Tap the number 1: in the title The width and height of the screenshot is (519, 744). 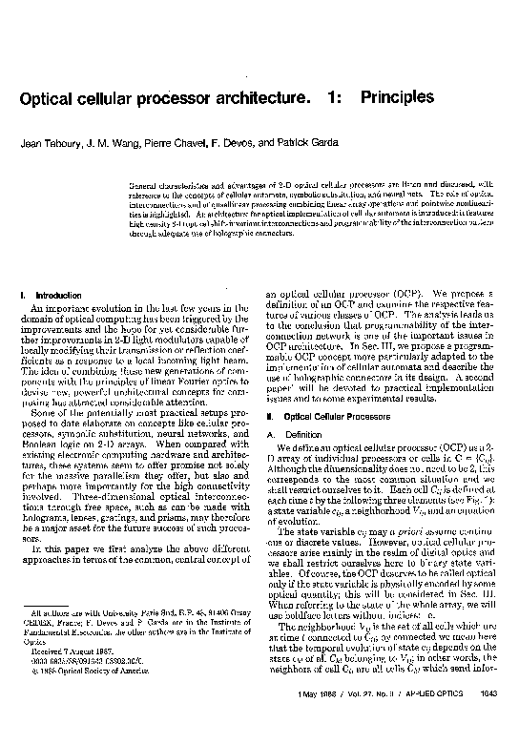click(333, 98)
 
